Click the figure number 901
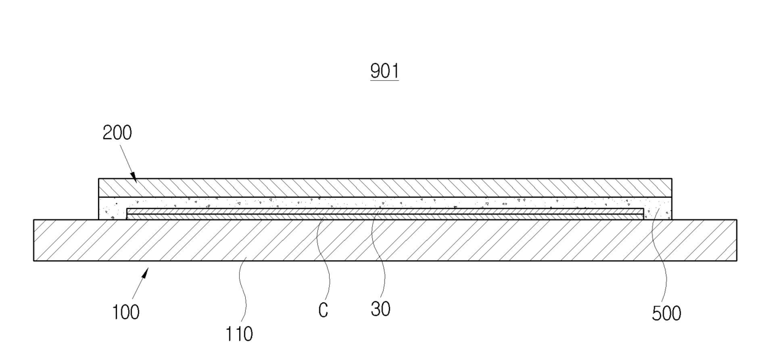[x=384, y=70]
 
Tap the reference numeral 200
[x=117, y=133]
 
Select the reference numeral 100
[x=126, y=312]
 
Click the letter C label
[x=323, y=311]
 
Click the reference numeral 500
[x=667, y=313]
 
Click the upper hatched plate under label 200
[x=385, y=187]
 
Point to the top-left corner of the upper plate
[x=99, y=179]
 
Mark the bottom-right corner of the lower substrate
[x=736, y=261]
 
